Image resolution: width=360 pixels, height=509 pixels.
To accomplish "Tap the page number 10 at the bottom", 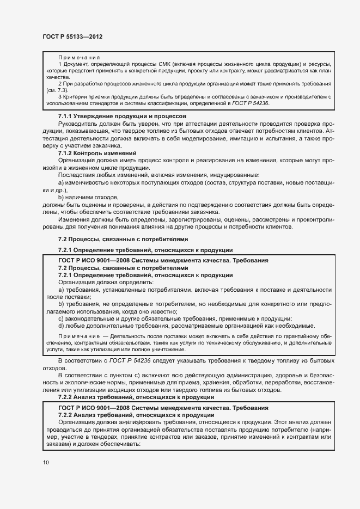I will [46, 462].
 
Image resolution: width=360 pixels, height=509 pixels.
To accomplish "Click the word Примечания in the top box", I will [76, 57].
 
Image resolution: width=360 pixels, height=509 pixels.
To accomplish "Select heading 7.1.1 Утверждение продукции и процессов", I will [123, 116].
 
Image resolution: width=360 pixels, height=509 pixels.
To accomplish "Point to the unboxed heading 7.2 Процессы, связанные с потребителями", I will [123, 239].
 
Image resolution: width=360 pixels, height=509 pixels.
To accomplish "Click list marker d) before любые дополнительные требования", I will [62, 326].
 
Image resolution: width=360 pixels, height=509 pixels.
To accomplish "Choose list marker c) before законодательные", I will [62, 318].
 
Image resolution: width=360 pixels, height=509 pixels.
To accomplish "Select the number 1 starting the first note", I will [59, 64].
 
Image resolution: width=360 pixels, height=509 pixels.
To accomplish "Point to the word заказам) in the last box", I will [58, 444].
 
